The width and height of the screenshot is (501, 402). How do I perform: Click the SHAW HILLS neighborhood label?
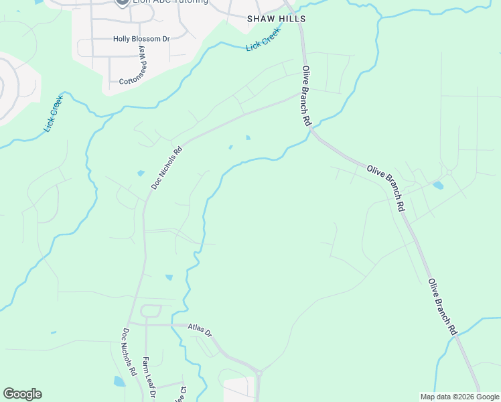click(x=277, y=19)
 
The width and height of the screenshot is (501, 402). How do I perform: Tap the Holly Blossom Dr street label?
click(x=141, y=39)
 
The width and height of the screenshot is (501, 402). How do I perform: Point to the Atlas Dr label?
click(x=200, y=330)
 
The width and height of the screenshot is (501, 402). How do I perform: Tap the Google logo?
click(x=22, y=394)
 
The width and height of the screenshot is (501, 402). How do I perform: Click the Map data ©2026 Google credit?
click(x=459, y=397)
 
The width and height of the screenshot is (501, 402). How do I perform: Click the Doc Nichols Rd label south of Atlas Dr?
click(x=130, y=351)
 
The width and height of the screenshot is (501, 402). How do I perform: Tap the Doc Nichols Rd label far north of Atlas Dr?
click(x=167, y=168)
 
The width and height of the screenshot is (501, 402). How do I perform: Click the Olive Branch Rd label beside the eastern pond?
click(x=386, y=189)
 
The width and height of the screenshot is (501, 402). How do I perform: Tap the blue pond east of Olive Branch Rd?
click(x=438, y=185)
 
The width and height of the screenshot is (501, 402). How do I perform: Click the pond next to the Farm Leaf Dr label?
click(x=119, y=381)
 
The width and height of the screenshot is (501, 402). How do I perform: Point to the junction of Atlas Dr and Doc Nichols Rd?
click(x=131, y=324)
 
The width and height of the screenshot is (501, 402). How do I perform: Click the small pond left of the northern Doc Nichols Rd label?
click(x=141, y=174)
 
